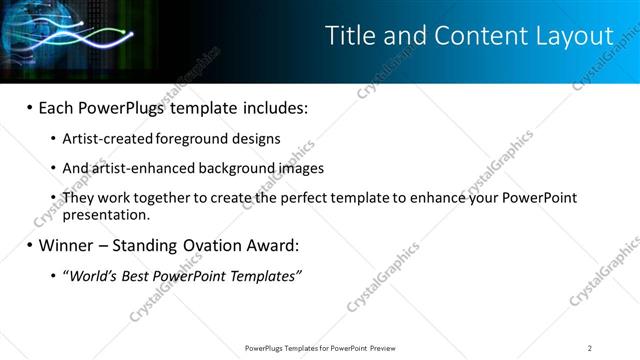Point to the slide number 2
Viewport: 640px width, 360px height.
(x=590, y=347)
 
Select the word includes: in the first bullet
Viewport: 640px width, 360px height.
(x=269, y=107)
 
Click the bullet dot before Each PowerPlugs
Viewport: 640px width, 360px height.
(x=30, y=107)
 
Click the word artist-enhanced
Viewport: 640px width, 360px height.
(x=137, y=168)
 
